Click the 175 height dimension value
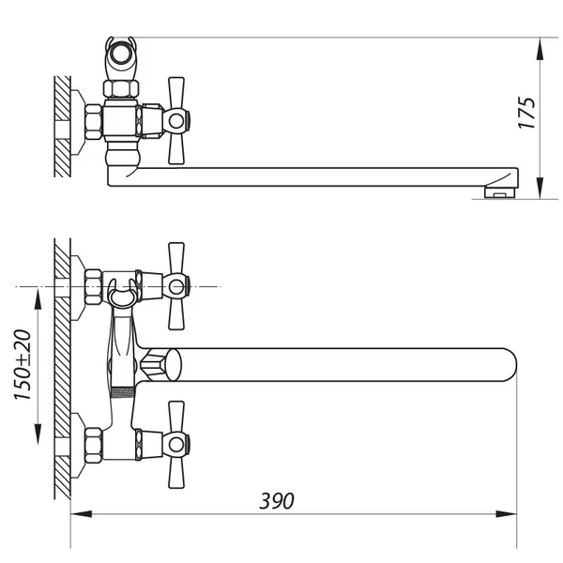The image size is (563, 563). (x=526, y=113)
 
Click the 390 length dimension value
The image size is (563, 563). (x=277, y=501)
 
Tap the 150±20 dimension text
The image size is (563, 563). (x=23, y=364)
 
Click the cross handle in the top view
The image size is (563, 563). (x=176, y=121)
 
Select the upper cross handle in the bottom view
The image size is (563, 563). (x=176, y=286)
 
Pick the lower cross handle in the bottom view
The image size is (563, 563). (x=176, y=445)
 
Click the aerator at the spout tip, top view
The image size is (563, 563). (x=499, y=192)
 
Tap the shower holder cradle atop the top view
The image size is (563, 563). (x=121, y=57)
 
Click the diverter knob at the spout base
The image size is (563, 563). (x=160, y=365)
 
